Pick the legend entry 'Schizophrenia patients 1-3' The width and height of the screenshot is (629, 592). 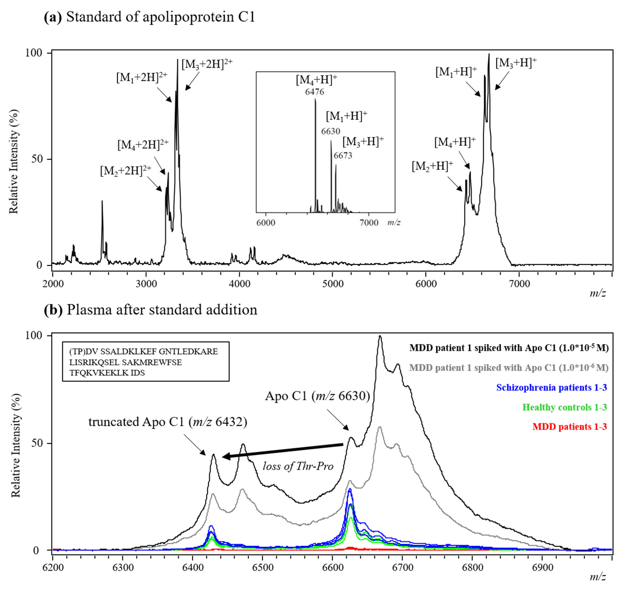point(551,387)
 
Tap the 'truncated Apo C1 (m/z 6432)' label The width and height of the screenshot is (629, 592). point(167,422)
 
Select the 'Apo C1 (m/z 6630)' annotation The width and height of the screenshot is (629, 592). point(317,396)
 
